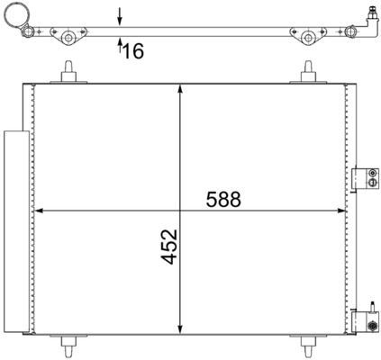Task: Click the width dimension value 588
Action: [x=222, y=199]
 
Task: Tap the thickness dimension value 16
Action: [x=133, y=52]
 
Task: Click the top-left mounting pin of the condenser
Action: [x=68, y=71]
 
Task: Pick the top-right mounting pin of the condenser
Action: [x=309, y=71]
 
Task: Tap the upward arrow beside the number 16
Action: [x=120, y=47]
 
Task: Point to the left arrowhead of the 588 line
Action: [x=38, y=212]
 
